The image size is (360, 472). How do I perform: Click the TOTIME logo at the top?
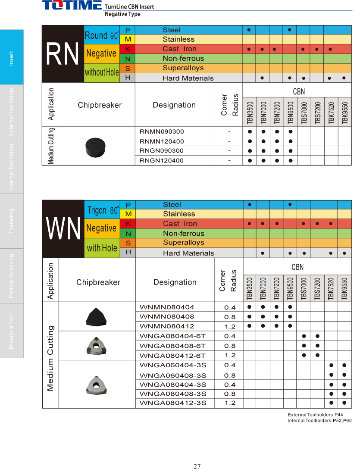tap(72, 6)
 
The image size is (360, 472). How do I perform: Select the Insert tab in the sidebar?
tap(12, 57)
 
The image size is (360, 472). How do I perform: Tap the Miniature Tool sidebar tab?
tap(12, 331)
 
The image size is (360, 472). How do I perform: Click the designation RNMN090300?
tap(162, 131)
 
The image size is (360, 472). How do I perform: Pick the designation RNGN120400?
tap(162, 161)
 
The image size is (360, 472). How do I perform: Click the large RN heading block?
tap(63, 54)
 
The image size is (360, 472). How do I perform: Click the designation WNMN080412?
tap(167, 326)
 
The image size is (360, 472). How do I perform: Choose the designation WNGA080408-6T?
tap(173, 346)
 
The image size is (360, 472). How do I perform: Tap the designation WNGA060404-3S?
tap(173, 365)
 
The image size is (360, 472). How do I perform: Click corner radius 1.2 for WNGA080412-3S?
tap(230, 403)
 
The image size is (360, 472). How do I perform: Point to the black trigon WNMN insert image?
tap(96, 317)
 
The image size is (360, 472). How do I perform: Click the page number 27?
tap(197, 466)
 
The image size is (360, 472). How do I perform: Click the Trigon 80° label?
tap(103, 210)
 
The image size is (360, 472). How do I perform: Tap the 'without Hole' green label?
tap(102, 72)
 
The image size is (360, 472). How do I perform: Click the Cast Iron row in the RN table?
tap(179, 49)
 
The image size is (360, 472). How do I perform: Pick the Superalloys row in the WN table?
tap(183, 243)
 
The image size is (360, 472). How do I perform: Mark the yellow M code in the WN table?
tap(128, 214)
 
